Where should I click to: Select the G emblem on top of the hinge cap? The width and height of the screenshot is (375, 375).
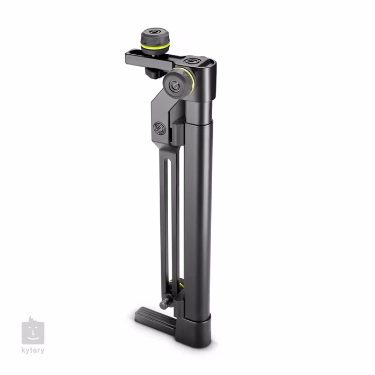[x=189, y=62]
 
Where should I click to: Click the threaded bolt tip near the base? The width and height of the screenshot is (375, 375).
[x=163, y=305]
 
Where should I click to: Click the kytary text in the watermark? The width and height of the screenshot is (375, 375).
[x=33, y=351]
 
